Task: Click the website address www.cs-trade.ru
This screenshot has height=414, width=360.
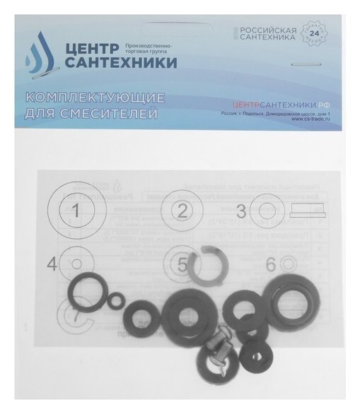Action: click(310, 119)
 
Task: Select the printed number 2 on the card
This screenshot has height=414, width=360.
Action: click(183, 210)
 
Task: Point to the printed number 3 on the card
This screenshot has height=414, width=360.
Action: click(242, 210)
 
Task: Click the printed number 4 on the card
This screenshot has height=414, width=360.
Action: click(51, 264)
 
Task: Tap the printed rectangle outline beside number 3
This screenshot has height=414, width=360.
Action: click(308, 210)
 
